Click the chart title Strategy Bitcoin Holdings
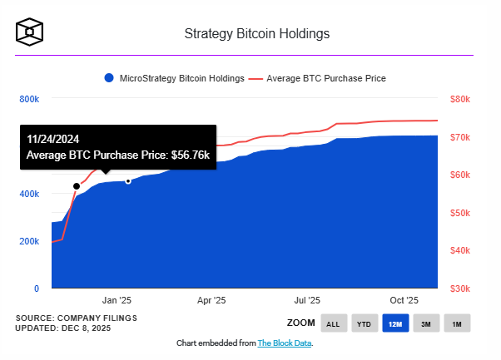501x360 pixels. click(256, 34)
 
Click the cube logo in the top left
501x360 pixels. click(30, 32)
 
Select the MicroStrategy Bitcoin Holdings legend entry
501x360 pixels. click(174, 78)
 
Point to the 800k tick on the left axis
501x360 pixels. click(29, 99)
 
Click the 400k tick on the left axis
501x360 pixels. click(29, 194)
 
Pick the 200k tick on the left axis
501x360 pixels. click(29, 241)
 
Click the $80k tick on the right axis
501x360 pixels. click(460, 99)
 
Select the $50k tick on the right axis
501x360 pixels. click(460, 213)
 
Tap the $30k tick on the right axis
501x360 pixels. click(460, 288)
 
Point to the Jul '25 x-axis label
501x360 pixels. click(308, 300)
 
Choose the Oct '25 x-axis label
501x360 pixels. click(404, 300)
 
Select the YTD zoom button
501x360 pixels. click(364, 323)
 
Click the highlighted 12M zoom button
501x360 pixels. click(394, 323)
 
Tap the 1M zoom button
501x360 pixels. click(456, 323)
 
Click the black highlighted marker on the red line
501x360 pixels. click(77, 186)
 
